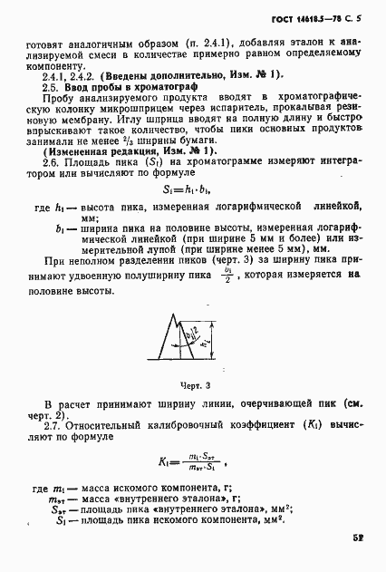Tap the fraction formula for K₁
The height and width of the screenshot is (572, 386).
pos(192,462)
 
